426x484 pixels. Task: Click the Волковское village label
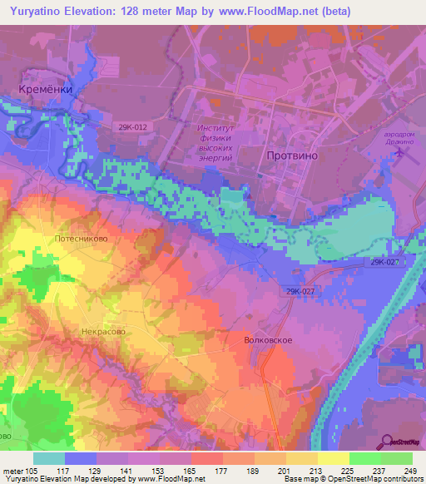(269, 340)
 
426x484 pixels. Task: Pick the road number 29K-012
(133, 126)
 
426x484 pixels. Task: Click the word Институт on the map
(219, 129)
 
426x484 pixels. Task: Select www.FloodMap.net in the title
(270, 11)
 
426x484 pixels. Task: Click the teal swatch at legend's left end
(49, 457)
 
